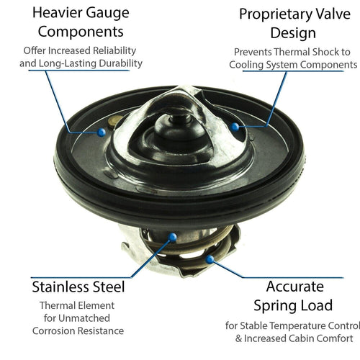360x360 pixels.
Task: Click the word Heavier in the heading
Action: tap(48, 13)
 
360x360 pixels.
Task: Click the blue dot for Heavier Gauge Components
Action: tap(102, 132)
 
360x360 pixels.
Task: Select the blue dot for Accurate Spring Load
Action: tap(210, 257)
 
